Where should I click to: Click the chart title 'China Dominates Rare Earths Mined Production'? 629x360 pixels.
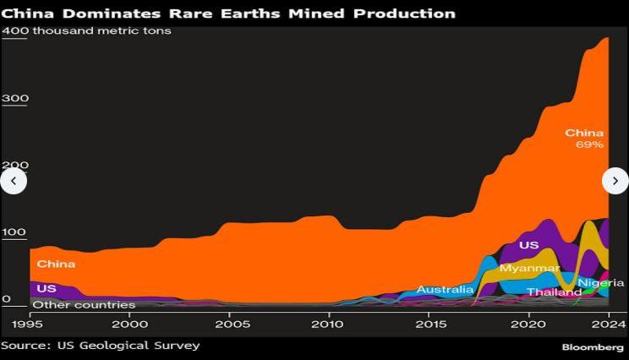[228, 14]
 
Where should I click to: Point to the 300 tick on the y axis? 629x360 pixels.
[14, 98]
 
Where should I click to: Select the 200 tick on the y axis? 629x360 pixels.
[14, 166]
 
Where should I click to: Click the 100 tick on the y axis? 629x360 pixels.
[14, 232]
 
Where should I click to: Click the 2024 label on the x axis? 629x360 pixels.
[607, 325]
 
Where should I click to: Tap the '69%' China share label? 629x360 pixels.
[589, 145]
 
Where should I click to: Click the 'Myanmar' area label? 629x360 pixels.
[529, 268]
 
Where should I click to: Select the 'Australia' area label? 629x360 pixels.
[445, 290]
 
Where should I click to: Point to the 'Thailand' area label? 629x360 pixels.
[554, 292]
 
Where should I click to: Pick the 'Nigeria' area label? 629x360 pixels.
[601, 282]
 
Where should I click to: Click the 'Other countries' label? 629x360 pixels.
[84, 304]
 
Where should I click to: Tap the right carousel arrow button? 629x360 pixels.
[615, 180]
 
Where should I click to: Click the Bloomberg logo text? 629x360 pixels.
[593, 347]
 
